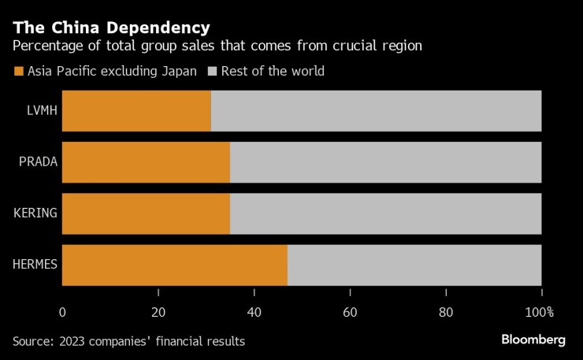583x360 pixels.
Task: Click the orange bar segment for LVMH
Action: [136, 110]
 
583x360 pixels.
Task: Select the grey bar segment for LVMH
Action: [376, 110]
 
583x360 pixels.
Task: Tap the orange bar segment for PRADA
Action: [146, 162]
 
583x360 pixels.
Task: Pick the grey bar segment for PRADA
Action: [385, 162]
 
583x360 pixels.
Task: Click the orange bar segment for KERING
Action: [146, 213]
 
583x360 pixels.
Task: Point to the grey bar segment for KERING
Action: [385, 213]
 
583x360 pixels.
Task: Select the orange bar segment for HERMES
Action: [174, 265]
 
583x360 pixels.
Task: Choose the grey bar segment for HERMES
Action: [414, 265]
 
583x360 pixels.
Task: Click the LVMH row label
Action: [41, 111]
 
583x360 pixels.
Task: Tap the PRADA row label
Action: [38, 162]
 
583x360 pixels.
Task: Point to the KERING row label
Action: [36, 213]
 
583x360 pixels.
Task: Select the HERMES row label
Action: [34, 265]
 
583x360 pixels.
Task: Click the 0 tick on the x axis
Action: [62, 312]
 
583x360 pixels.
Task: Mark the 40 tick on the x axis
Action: [254, 312]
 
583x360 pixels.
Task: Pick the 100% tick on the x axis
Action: [540, 312]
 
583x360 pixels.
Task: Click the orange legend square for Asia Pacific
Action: [19, 72]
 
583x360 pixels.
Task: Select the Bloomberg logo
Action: [533, 340]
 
